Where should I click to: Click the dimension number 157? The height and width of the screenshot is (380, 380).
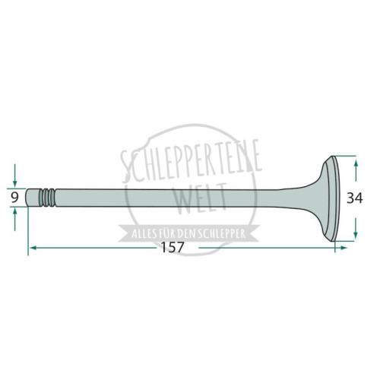[x=172, y=247]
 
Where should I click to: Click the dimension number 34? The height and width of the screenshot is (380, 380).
[x=355, y=198]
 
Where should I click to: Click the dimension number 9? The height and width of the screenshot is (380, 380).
[x=15, y=198]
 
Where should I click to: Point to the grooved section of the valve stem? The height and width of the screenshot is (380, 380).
[x=47, y=198]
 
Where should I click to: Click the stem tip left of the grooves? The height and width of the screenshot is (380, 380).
[x=33, y=198]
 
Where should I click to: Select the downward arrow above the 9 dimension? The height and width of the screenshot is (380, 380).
[x=14, y=176]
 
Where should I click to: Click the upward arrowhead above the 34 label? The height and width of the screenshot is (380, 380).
[x=356, y=163]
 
